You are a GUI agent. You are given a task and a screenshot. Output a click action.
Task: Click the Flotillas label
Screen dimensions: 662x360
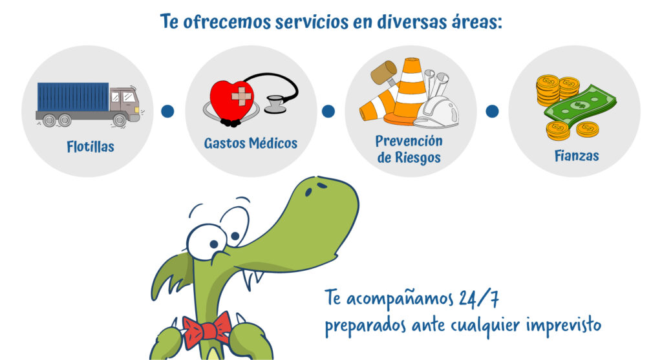(91, 147)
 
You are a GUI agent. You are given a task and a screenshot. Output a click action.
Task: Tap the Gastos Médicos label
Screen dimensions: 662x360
(251, 143)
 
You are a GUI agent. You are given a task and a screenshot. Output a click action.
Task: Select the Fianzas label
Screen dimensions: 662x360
(577, 156)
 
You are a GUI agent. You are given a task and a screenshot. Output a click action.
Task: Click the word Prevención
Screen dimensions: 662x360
(409, 140)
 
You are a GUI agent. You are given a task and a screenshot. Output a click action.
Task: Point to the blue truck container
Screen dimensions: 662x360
(73, 97)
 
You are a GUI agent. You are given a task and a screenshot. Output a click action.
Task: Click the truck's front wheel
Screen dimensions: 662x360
(120, 121)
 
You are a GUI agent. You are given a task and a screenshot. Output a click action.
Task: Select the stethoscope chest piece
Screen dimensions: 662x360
(275, 104)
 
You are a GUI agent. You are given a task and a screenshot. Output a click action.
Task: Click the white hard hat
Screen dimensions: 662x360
(436, 112)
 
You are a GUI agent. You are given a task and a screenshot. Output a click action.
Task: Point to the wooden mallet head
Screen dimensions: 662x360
(383, 72)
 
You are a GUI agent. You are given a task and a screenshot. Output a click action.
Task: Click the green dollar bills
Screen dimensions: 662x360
(580, 109)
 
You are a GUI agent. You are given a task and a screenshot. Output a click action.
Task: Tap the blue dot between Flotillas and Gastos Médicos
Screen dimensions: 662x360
(167, 111)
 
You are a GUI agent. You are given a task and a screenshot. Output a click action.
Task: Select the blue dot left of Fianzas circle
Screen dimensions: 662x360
(492, 111)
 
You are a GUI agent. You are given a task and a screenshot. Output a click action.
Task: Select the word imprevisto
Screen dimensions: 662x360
(564, 325)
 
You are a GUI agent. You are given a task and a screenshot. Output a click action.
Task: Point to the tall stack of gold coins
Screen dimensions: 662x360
(548, 90)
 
